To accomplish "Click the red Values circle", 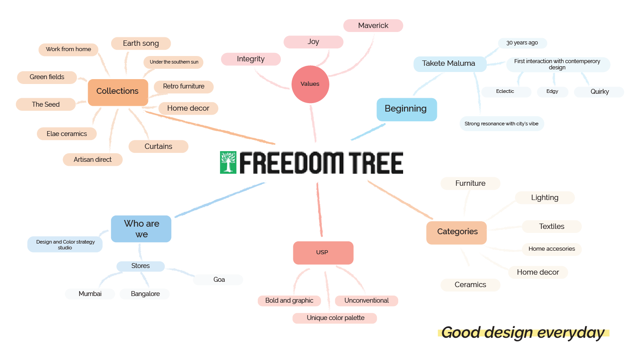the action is (310, 84).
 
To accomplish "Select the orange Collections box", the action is (118, 92).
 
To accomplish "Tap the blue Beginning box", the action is (406, 109).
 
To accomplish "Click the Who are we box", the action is (141, 229).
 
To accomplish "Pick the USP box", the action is (323, 252).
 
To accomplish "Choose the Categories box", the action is (457, 232).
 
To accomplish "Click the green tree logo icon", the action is (228, 162).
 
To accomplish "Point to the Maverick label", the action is (373, 26).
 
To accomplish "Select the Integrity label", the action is (251, 59).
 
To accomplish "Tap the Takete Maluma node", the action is (448, 64).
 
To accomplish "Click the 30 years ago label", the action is (522, 43).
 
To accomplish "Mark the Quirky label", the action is (600, 92).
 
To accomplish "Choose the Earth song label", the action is (141, 44).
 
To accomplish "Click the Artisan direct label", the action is (92, 160).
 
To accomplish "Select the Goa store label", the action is (219, 280).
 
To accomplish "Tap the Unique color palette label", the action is (335, 318).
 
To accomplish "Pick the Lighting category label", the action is (544, 198).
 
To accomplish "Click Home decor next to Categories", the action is (538, 272).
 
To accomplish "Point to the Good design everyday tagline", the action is (523, 333).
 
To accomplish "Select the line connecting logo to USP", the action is (319, 209).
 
